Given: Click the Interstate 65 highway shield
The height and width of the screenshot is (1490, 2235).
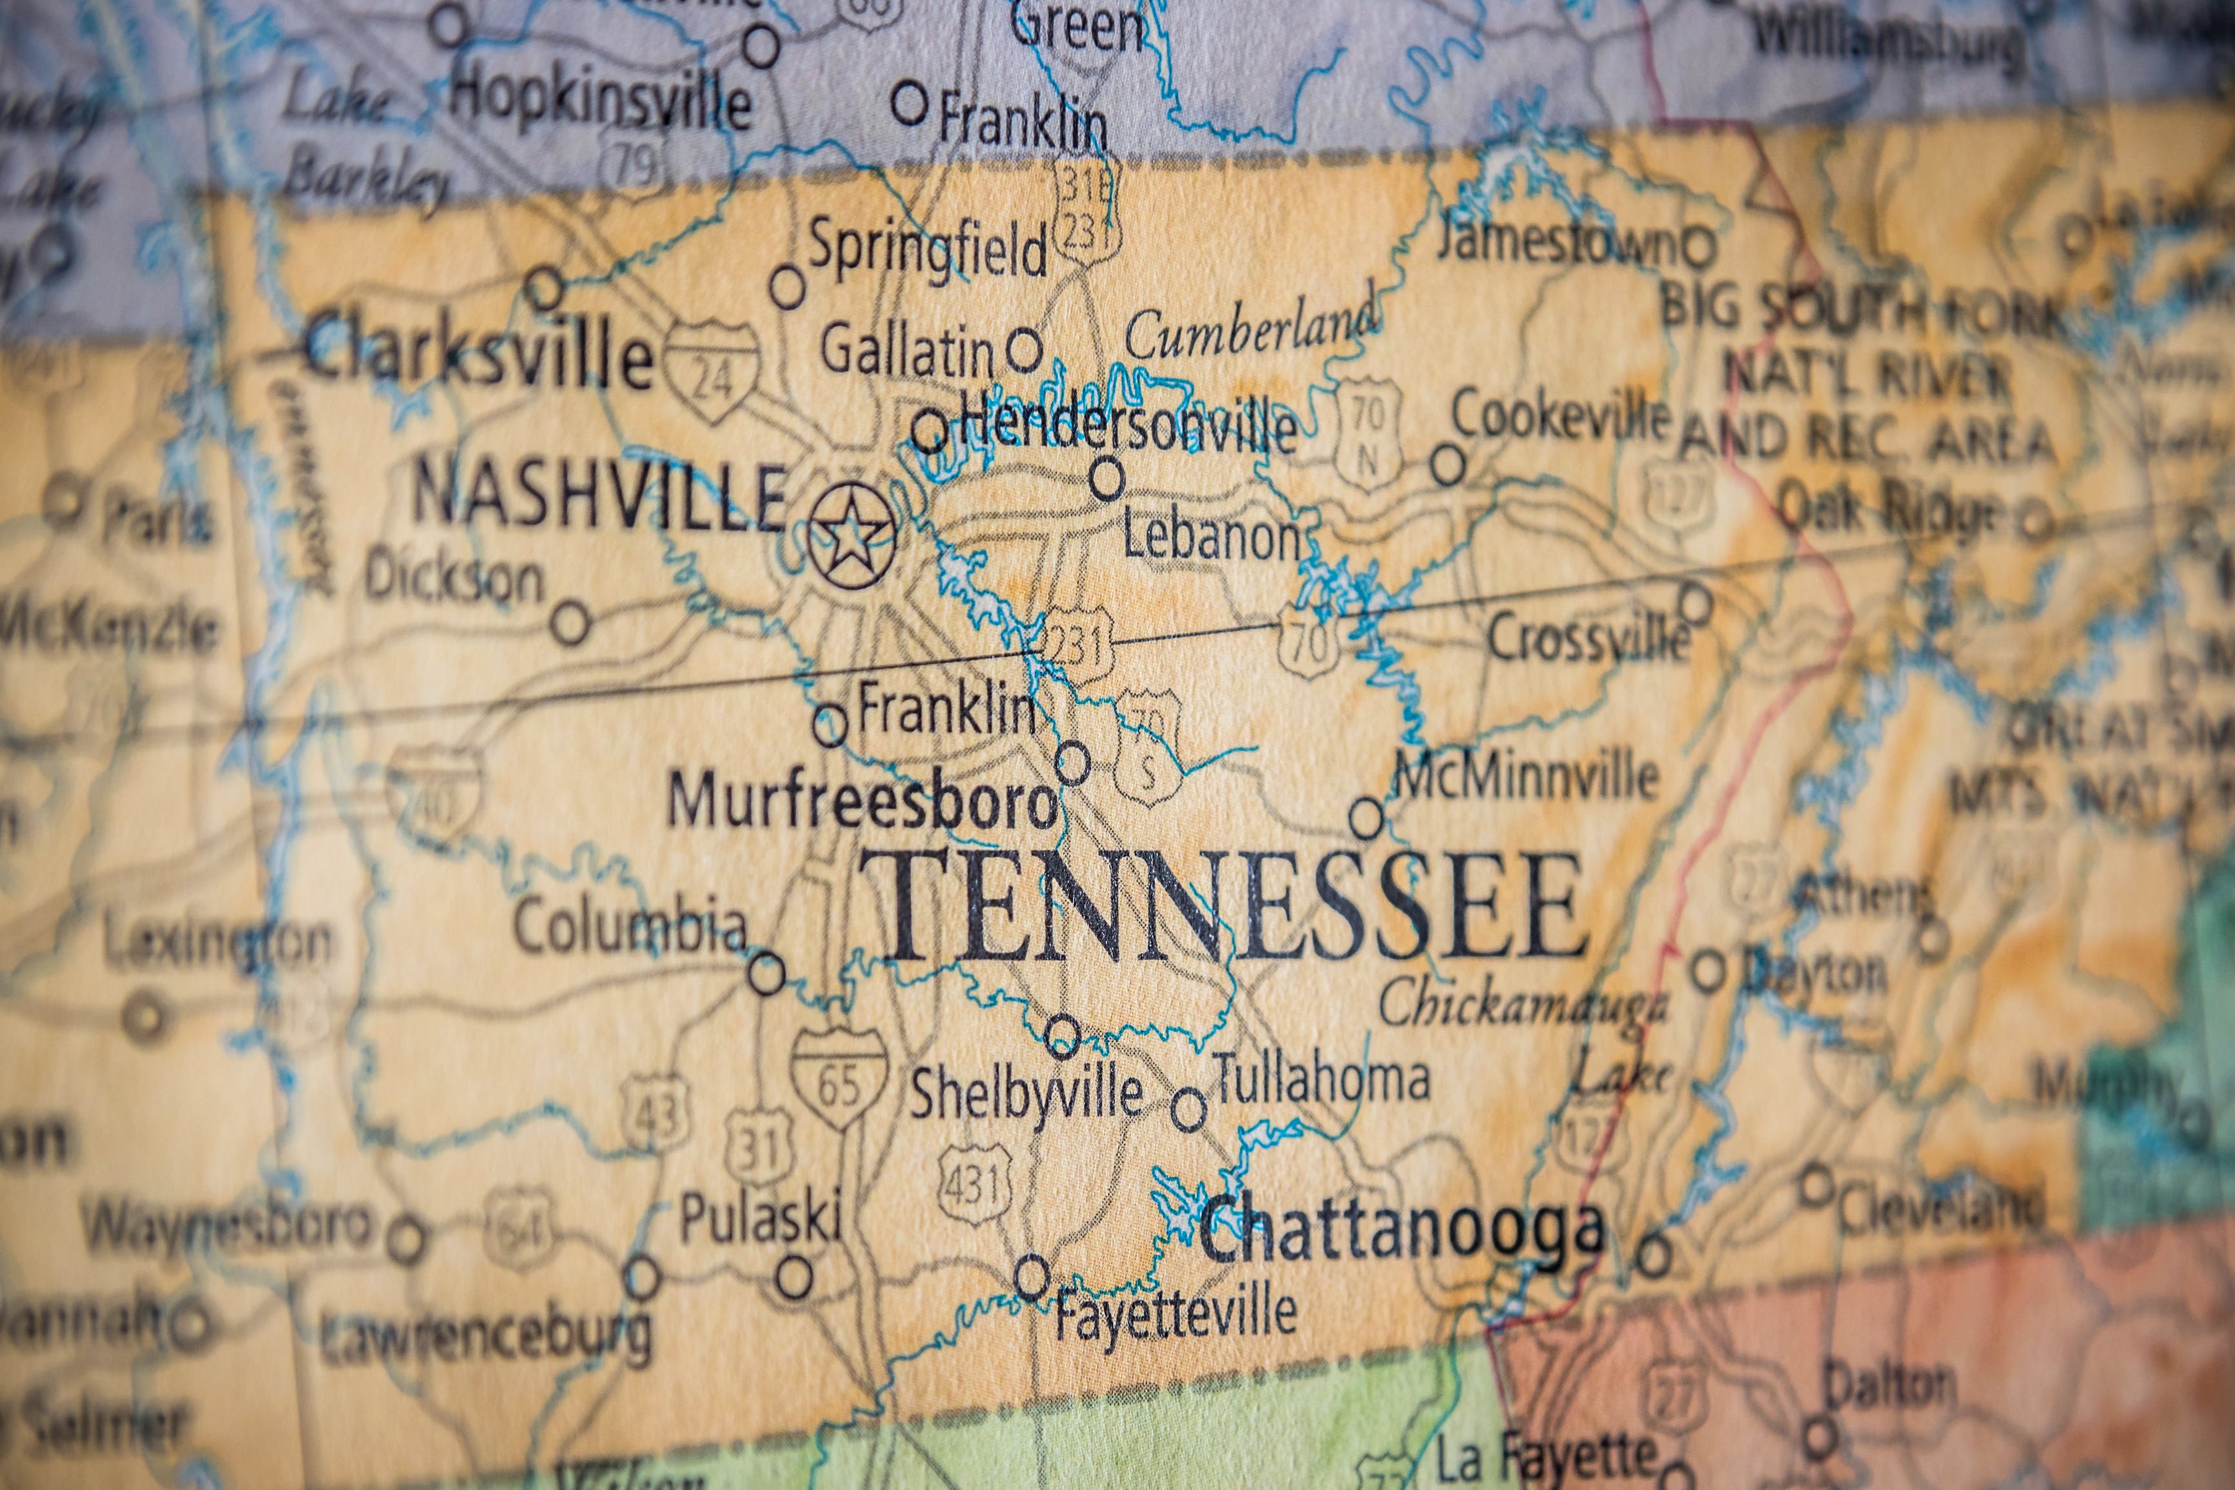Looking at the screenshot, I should coord(839,1078).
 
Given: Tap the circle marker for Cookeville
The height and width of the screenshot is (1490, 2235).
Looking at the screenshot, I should coord(1448,465).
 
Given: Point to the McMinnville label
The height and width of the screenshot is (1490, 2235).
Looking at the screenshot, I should coord(1525,776).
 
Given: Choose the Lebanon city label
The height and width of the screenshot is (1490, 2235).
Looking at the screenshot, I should coord(1211,539).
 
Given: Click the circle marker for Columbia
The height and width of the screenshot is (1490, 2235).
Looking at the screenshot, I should coord(767,974).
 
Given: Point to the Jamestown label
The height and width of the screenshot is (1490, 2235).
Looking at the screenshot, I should coord(1556,243).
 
